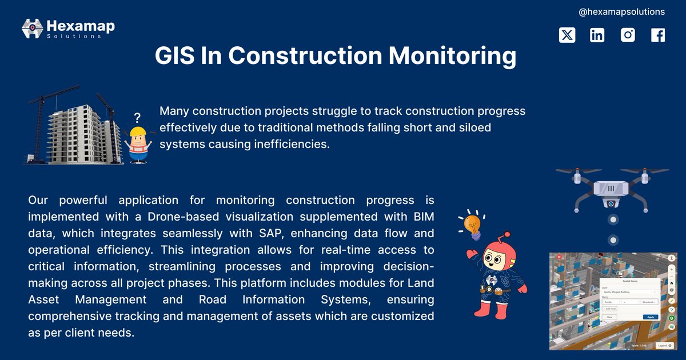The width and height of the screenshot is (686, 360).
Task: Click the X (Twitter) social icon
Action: click(x=567, y=35)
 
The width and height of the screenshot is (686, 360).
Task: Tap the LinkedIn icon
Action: click(x=597, y=35)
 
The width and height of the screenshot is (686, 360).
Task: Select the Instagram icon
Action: click(x=628, y=35)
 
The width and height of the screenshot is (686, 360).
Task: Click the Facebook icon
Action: click(x=658, y=35)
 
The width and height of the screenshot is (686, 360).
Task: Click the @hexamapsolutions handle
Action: click(x=621, y=11)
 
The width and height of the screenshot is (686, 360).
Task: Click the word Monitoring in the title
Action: click(x=452, y=56)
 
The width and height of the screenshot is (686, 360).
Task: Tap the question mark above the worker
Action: click(x=137, y=118)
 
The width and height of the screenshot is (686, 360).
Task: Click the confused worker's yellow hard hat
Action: click(x=138, y=135)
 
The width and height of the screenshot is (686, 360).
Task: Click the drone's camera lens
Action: click(x=611, y=203)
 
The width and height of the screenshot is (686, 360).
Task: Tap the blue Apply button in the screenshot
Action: click(x=650, y=317)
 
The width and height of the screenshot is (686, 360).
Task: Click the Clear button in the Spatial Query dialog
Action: click(x=609, y=317)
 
